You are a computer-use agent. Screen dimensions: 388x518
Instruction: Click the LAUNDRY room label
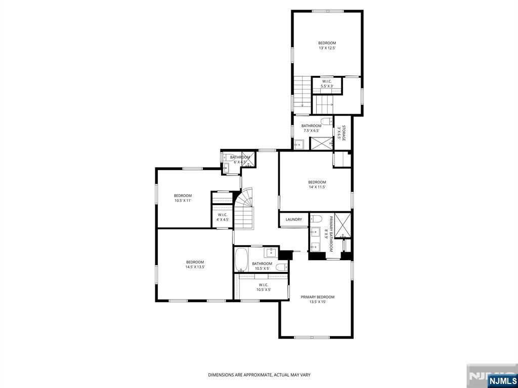click(x=293, y=219)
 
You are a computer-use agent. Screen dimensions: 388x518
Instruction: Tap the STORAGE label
click(x=343, y=133)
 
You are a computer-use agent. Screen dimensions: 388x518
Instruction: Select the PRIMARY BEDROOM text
click(x=318, y=297)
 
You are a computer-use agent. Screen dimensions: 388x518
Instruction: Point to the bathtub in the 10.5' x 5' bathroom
click(x=241, y=260)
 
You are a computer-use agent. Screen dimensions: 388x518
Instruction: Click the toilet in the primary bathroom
click(x=317, y=218)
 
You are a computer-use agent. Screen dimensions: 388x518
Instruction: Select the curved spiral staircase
click(x=245, y=207)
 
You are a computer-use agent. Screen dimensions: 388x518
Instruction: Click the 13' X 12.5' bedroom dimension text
click(x=327, y=48)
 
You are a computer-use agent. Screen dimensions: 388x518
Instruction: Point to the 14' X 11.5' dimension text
click(x=317, y=187)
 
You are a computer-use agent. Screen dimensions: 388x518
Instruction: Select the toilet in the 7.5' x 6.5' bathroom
click(x=327, y=120)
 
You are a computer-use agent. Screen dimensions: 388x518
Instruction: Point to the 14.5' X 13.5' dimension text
click(x=195, y=267)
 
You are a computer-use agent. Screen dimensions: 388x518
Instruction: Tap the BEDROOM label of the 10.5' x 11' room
click(x=183, y=196)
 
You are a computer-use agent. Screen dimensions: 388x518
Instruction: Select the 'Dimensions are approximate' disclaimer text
click(x=259, y=375)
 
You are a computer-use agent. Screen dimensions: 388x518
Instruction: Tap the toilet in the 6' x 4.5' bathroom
click(x=226, y=158)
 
